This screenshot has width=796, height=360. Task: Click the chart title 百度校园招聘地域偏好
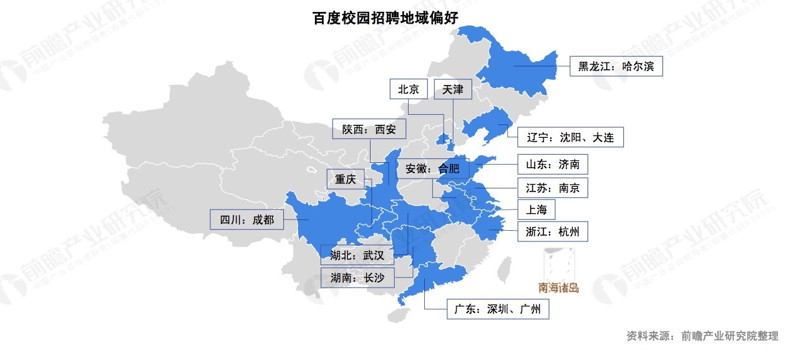(x=385, y=17)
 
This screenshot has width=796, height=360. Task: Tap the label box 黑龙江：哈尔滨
(x=616, y=66)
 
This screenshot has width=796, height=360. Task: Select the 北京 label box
(x=409, y=89)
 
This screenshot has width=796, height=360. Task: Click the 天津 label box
(x=453, y=89)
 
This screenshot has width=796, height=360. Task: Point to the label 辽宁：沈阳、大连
(x=570, y=137)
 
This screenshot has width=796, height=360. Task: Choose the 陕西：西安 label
(x=369, y=130)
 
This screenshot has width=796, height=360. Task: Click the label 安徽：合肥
(x=432, y=168)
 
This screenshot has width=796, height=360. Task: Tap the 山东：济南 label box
(x=553, y=165)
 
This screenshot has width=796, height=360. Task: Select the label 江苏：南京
(x=553, y=188)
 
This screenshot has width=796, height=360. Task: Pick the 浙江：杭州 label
(x=553, y=232)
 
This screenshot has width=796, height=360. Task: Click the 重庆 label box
(x=345, y=180)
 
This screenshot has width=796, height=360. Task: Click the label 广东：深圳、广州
(x=498, y=309)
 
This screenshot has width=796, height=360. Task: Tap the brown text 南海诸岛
(x=558, y=288)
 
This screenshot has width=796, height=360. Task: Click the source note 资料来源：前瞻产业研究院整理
(x=702, y=336)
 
